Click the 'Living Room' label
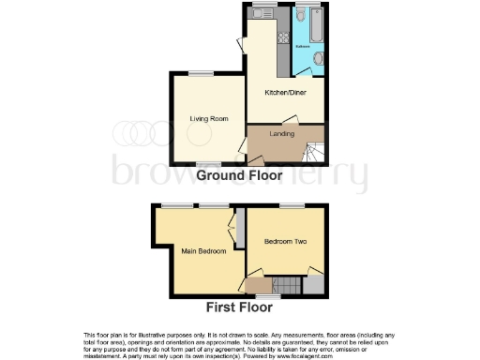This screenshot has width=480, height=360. (x=209, y=119)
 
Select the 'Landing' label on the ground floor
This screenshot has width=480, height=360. (x=282, y=134)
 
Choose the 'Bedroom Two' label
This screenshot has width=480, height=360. (x=286, y=242)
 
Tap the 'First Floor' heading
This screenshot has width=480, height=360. (x=240, y=307)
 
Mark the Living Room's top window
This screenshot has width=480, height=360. (x=201, y=73)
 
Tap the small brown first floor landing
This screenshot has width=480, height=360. (x=255, y=283)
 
